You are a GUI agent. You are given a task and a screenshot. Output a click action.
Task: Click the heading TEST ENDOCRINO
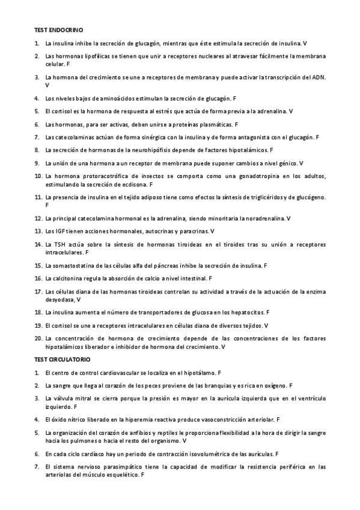coord(58,29)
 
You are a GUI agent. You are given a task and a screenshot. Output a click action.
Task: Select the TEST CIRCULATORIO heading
coord(62,360)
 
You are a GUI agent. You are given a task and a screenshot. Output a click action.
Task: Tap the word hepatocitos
coord(247,313)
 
